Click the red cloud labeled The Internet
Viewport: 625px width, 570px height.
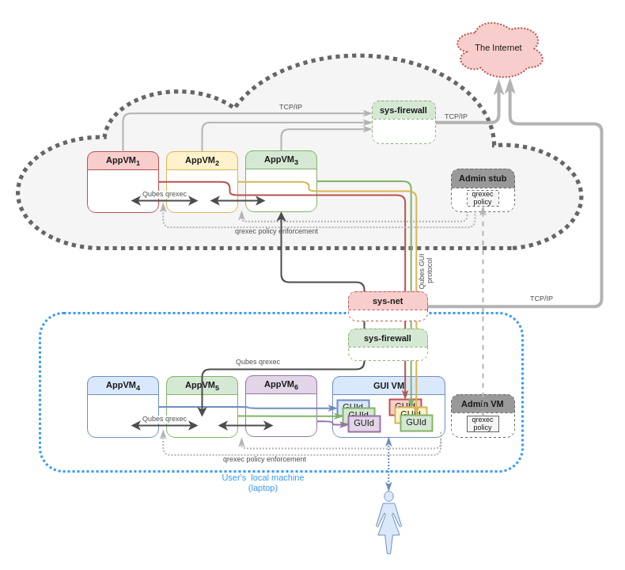(x=498, y=48)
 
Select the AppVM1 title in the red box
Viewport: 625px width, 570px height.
(x=123, y=161)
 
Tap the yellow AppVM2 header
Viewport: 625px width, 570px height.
(x=202, y=161)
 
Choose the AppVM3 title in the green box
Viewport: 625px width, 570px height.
(x=281, y=160)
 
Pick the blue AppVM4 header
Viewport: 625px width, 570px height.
(x=123, y=386)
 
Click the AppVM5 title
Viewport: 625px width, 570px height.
(x=202, y=386)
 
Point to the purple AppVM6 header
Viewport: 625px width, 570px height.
(x=281, y=385)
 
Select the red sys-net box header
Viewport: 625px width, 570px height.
(x=388, y=301)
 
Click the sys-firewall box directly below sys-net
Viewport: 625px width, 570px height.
(x=388, y=339)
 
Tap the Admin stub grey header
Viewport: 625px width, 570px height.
(x=483, y=178)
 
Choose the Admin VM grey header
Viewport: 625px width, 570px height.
(x=483, y=404)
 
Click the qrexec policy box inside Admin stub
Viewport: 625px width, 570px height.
(x=483, y=198)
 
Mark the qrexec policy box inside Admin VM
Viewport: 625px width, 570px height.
(x=483, y=424)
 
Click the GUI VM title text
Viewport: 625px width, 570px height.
(x=388, y=386)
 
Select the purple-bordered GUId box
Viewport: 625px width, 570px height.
(x=364, y=424)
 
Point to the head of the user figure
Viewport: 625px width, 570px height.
(x=388, y=496)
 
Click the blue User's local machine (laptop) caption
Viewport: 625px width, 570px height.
(x=263, y=482)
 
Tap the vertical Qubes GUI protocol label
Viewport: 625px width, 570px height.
(x=425, y=271)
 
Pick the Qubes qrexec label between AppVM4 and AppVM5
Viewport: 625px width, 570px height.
(x=165, y=419)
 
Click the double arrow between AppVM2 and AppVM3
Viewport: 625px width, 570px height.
(x=237, y=200)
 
